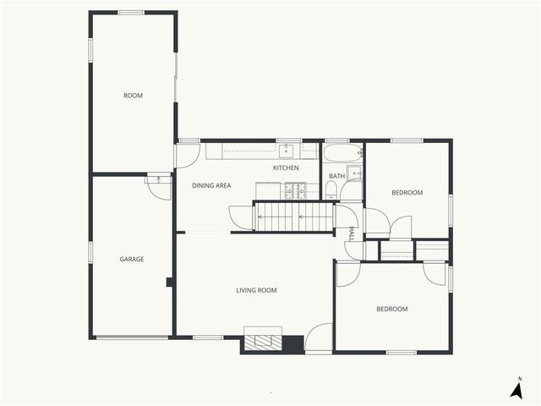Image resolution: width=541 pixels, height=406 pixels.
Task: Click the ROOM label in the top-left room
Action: [x=133, y=96]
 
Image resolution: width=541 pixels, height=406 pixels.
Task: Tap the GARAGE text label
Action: [x=131, y=259]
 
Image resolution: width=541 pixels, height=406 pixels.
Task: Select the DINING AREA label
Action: [x=211, y=185]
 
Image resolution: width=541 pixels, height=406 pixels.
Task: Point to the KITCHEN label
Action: [x=286, y=168]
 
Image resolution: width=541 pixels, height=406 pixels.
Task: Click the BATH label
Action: [x=336, y=177]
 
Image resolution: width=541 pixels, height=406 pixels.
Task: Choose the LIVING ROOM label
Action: [x=256, y=290]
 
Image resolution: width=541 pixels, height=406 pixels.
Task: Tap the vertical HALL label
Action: [x=351, y=233]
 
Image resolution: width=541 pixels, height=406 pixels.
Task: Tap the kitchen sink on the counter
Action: [x=286, y=151]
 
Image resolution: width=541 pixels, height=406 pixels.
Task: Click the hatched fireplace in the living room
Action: [x=263, y=342]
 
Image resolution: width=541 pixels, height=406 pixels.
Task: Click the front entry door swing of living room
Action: [x=319, y=339]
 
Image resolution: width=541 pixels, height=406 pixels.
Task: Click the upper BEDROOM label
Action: [x=407, y=193]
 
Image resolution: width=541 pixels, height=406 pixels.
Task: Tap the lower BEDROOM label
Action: [x=391, y=309]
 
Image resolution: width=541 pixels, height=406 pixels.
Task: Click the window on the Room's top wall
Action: [x=131, y=13]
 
